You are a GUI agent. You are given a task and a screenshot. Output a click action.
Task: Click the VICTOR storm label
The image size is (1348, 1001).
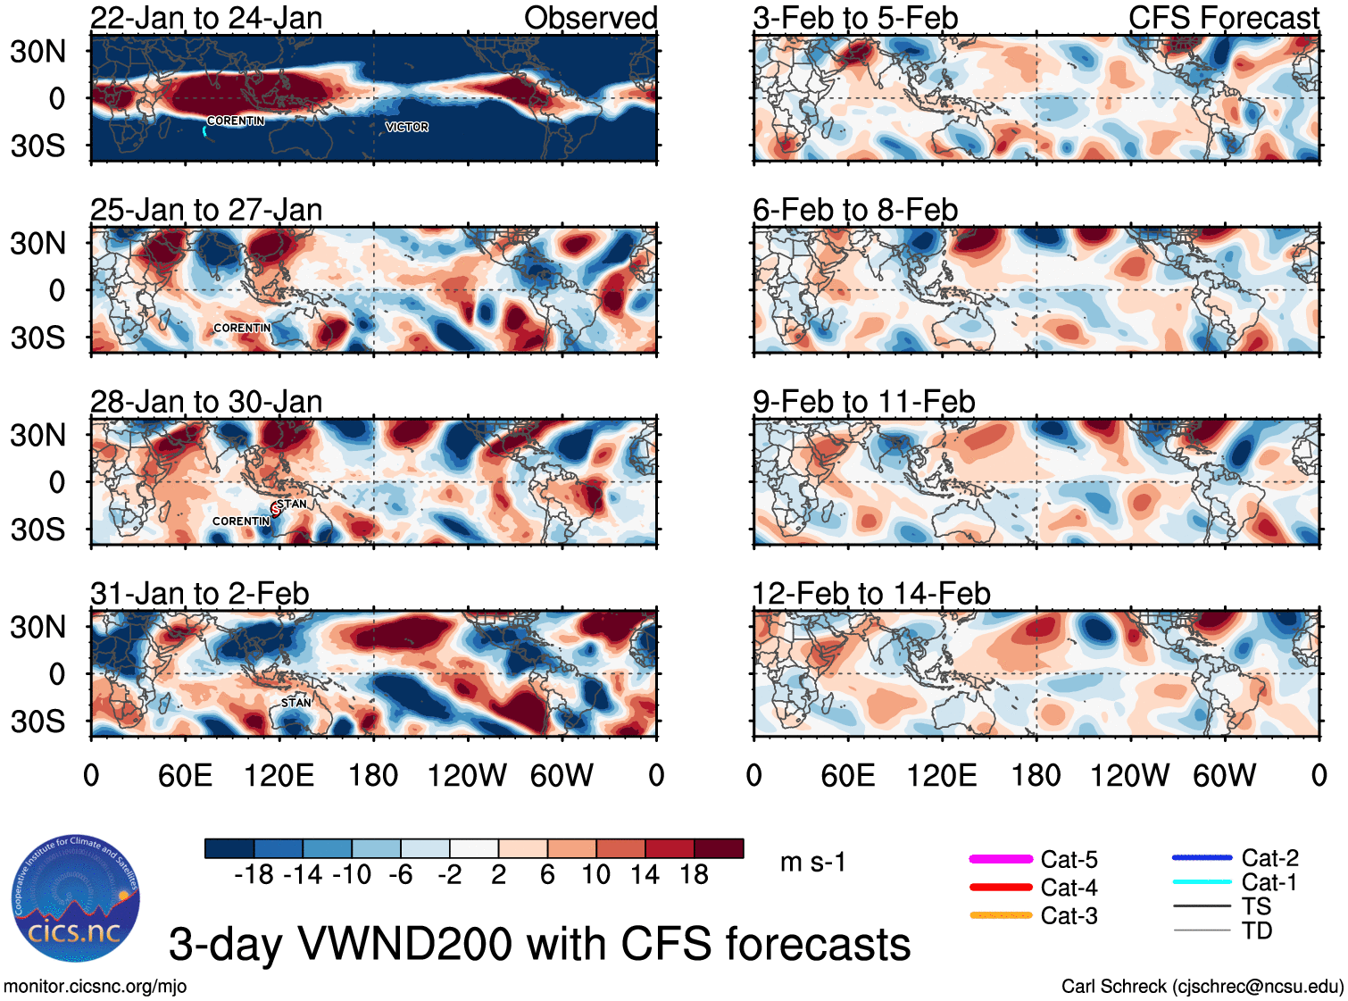(x=407, y=128)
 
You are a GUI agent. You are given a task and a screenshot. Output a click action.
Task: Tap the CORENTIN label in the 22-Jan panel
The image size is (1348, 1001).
(x=236, y=121)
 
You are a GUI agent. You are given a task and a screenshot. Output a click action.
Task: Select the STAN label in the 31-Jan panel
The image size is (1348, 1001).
(x=296, y=703)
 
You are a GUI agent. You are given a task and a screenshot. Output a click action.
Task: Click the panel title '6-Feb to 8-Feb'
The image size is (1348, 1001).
(x=854, y=210)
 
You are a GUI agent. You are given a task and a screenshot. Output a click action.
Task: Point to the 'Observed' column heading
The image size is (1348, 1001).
(x=590, y=18)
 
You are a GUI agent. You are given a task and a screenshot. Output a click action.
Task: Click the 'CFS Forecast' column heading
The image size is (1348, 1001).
(x=1223, y=18)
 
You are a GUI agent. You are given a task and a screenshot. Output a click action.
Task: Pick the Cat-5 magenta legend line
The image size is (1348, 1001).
(x=1001, y=859)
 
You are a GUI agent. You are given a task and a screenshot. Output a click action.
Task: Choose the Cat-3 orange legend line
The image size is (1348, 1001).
(x=1001, y=915)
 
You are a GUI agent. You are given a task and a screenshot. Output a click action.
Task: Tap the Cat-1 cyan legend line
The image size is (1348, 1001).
(x=1202, y=882)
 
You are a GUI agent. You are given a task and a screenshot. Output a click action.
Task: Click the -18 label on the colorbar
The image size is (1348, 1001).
(x=254, y=874)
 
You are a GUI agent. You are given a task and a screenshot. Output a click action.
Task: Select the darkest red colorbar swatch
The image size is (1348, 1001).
(x=719, y=848)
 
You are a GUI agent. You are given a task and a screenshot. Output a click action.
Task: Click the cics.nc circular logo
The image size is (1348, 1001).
(x=76, y=899)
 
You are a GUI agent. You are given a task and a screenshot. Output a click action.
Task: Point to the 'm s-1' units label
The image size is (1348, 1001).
(x=812, y=862)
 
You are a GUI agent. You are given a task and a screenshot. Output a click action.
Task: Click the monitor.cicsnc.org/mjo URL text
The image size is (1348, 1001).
(x=96, y=987)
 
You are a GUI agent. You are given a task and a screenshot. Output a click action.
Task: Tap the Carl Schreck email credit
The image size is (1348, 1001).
(x=1202, y=987)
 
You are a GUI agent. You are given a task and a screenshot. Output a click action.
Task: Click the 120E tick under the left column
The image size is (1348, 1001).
(x=279, y=775)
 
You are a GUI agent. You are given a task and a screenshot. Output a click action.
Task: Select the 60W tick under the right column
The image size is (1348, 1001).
(x=1224, y=775)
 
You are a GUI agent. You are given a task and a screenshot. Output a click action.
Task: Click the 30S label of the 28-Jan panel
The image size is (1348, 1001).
(x=37, y=530)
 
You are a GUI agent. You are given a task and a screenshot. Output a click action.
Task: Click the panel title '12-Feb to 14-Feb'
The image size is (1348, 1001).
(x=871, y=594)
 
